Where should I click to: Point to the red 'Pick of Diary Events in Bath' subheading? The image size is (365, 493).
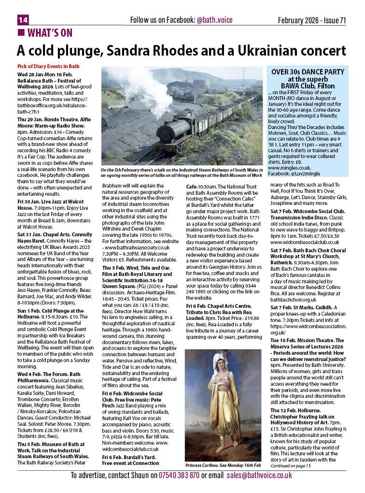tap(48, 66)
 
